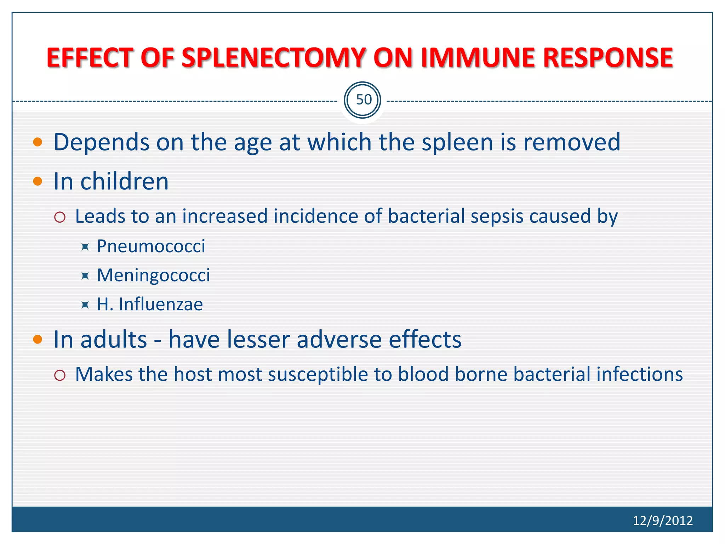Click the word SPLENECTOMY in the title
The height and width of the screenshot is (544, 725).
click(273, 58)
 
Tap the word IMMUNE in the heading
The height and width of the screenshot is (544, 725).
click(478, 58)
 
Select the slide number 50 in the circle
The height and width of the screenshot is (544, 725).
click(363, 100)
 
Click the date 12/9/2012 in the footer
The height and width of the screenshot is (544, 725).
click(662, 520)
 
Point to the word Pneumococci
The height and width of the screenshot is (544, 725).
click(151, 246)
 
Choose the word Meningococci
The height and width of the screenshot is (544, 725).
click(153, 275)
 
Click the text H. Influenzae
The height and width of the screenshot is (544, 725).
click(150, 304)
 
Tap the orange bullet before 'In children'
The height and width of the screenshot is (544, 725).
click(38, 181)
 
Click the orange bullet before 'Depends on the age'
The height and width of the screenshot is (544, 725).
click(38, 142)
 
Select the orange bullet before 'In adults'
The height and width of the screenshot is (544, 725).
click(38, 340)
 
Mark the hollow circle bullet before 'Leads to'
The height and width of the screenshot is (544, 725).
click(60, 217)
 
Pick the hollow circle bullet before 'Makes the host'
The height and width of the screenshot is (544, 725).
click(60, 375)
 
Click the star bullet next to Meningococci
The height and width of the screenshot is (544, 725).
click(85, 276)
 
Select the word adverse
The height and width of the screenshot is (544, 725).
click(339, 340)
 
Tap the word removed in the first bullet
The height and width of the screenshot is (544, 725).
click(571, 142)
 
